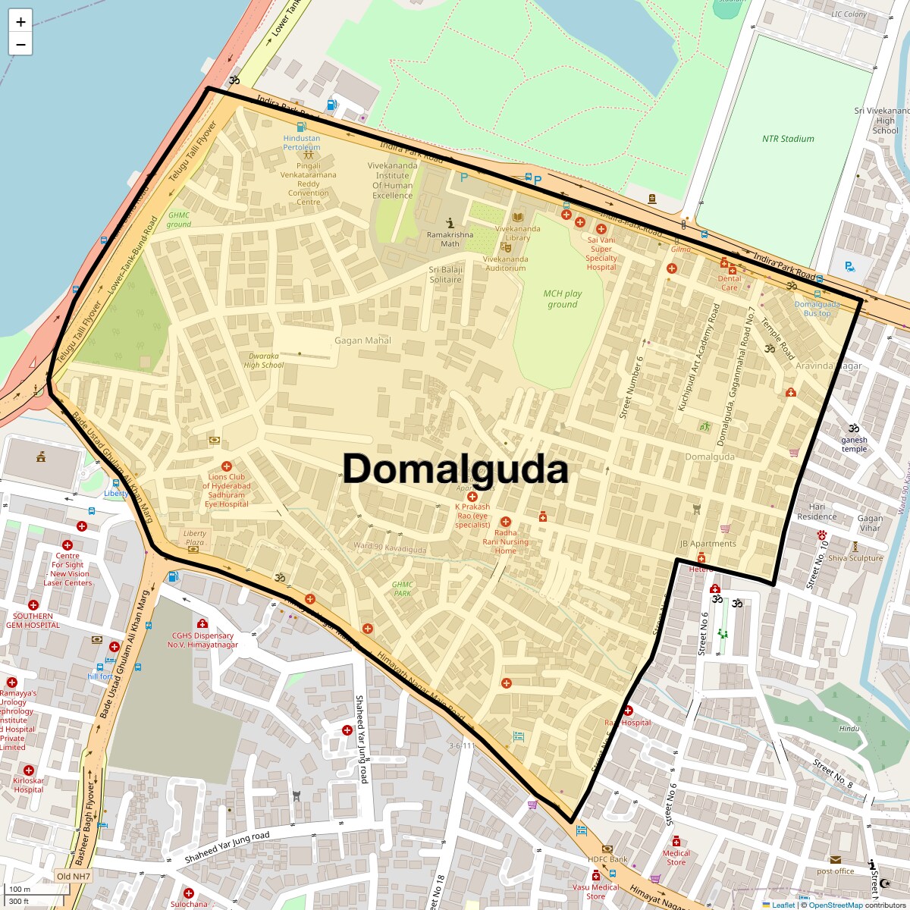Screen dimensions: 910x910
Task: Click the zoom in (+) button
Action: (20, 22)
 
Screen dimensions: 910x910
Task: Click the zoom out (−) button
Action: (20, 45)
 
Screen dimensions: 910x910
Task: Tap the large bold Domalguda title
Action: (455, 469)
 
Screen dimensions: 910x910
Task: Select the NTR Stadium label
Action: (788, 139)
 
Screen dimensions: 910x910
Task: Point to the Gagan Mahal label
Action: (362, 340)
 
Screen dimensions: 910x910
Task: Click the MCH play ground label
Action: (563, 299)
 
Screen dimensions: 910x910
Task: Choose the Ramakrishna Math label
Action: (450, 239)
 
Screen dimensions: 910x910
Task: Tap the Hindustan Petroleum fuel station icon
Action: (302, 127)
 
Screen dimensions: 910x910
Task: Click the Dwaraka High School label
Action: (263, 360)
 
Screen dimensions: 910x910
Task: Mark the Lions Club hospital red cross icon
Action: (226, 466)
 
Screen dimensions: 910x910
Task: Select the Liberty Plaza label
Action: (195, 538)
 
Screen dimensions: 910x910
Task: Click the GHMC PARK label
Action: (403, 588)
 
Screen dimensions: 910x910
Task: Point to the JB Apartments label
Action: (708, 544)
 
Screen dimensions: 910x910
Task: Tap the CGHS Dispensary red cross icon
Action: (202, 623)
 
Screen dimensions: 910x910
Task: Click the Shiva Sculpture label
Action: (855, 558)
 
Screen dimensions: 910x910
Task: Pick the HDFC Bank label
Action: (608, 859)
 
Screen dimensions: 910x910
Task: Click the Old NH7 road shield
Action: (73, 877)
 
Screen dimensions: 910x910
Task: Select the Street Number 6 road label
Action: (631, 388)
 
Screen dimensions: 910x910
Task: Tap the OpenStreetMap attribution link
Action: (835, 905)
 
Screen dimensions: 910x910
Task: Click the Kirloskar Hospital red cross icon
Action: (29, 770)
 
